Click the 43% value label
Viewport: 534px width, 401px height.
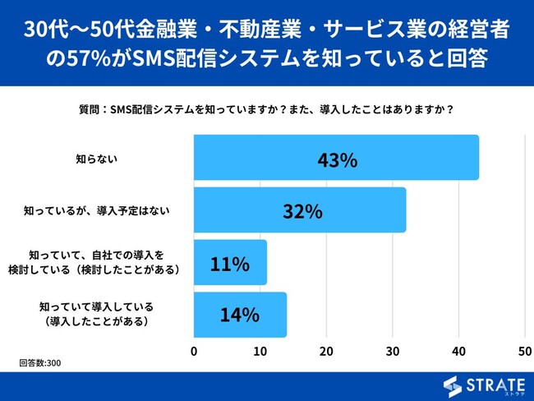point(337,159)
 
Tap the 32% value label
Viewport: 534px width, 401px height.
point(302,211)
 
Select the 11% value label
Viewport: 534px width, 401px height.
point(229,264)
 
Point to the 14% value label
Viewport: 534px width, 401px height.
point(240,315)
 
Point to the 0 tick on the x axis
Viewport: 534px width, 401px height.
point(194,351)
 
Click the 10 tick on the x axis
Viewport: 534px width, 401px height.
point(260,351)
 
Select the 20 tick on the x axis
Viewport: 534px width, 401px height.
point(326,351)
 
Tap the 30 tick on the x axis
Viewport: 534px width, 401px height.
point(393,351)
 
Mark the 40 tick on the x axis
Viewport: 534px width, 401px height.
point(458,351)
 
